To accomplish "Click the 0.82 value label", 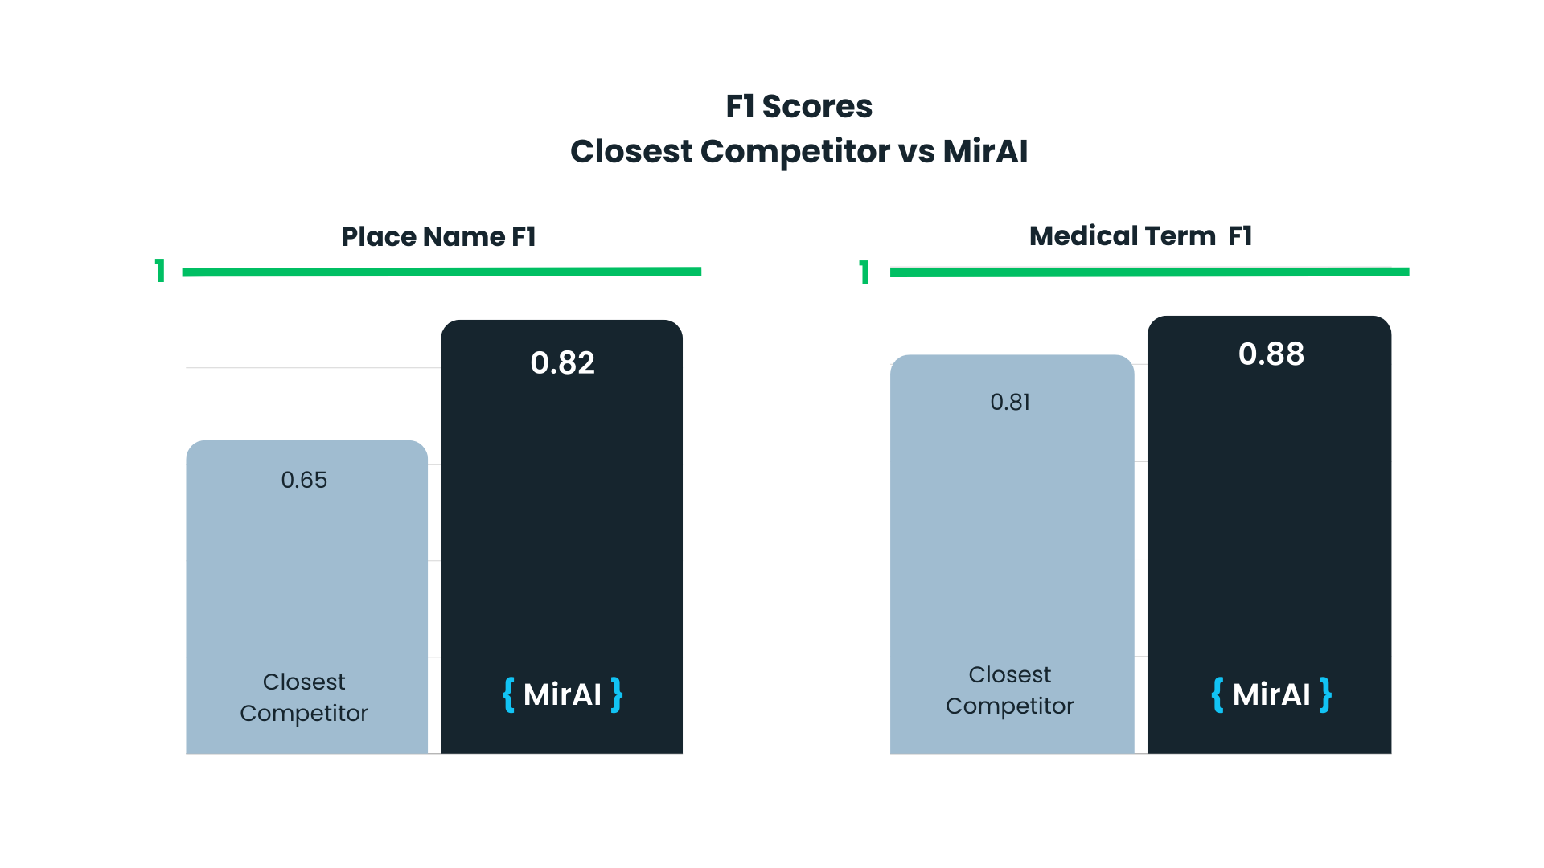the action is point(562,363).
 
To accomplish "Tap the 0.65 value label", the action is point(304,480).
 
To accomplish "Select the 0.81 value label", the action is point(1010,402).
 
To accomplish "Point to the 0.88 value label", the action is point(1271,354).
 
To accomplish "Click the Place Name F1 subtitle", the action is point(438,236).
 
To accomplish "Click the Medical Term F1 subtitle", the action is point(1140,235).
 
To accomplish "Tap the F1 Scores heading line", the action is point(799,106).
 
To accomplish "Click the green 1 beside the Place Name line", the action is point(161,271).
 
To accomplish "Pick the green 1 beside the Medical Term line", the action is point(864,272).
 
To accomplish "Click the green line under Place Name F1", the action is point(441,272).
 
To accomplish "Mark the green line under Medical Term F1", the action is point(1149,272).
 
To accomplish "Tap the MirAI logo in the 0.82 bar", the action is point(562,694).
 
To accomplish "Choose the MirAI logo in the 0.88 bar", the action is point(1271,694).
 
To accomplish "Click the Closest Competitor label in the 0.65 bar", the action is point(304,697).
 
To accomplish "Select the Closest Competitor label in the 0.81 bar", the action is point(1010,690).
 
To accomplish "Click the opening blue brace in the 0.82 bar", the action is point(508,694).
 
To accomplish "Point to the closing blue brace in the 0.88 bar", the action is point(1325,694).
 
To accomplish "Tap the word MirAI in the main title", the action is point(985,151).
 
